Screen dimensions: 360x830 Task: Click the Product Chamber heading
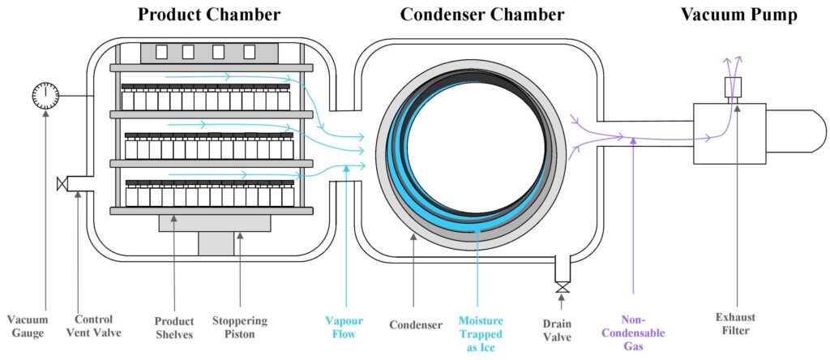click(x=209, y=15)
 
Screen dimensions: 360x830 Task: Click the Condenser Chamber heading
click(x=482, y=15)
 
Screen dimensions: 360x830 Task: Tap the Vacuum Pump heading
click(x=738, y=15)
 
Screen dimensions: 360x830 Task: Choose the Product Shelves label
click(x=176, y=328)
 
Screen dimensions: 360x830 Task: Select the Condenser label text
click(x=416, y=325)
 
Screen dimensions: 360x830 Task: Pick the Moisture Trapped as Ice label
click(x=480, y=333)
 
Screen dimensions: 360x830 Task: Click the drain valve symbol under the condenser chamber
click(x=560, y=287)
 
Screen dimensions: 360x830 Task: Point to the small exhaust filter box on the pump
click(x=734, y=86)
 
